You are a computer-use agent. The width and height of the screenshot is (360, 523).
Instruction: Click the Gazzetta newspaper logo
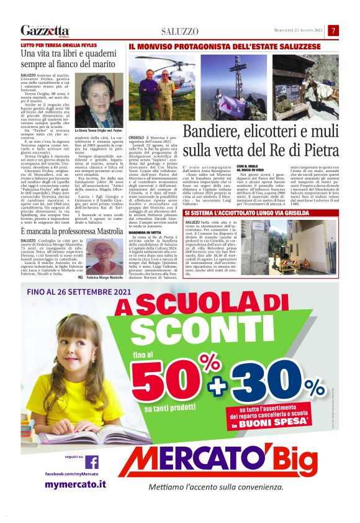coord(45,30)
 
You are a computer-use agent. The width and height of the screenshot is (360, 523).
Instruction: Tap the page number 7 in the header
coord(333,30)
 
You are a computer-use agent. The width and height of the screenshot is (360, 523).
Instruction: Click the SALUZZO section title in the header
coord(179,31)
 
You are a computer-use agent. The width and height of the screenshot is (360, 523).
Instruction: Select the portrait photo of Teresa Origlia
coord(99,100)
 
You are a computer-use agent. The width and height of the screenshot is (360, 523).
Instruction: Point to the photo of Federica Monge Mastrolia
coord(104,256)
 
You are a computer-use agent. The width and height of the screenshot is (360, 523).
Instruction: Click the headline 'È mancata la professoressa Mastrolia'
coord(71,230)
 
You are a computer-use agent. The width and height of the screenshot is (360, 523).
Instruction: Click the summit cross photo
coord(234,86)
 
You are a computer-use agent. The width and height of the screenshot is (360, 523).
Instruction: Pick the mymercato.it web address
coord(75,484)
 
